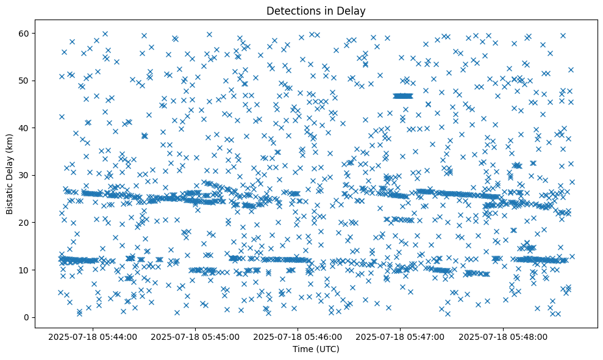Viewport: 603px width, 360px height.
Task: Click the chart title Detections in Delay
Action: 316,10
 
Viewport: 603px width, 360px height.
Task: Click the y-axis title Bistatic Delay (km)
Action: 10,170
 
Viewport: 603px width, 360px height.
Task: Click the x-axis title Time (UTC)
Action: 316,349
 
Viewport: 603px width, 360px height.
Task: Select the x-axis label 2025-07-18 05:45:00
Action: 196,336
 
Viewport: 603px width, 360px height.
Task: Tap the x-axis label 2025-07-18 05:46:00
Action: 298,336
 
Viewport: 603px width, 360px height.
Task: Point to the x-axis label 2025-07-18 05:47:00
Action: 401,336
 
